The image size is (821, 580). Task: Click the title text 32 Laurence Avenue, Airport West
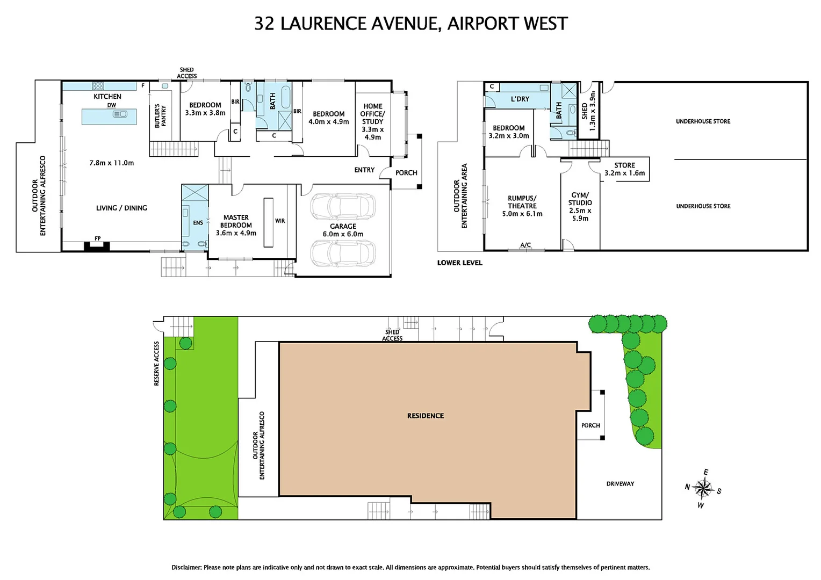tap(410, 24)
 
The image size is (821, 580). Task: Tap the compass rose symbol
tap(702, 488)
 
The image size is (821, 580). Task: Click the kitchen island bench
tap(109, 116)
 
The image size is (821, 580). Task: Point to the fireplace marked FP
tap(97, 245)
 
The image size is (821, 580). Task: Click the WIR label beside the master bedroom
tap(280, 221)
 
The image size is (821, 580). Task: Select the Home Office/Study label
tap(372, 121)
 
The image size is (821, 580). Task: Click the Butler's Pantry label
tap(160, 116)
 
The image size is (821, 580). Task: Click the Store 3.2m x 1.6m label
tap(624, 169)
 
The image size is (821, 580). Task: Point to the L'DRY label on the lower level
tap(520, 99)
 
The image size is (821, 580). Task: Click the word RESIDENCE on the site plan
tap(426, 416)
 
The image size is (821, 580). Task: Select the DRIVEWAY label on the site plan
tap(620, 484)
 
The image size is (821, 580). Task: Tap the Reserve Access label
tap(157, 364)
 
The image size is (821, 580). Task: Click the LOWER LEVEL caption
tap(459, 263)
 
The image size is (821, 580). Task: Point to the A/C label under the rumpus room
tap(525, 245)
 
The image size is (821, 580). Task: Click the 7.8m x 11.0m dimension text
tap(112, 163)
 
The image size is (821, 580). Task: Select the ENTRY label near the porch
tap(364, 170)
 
